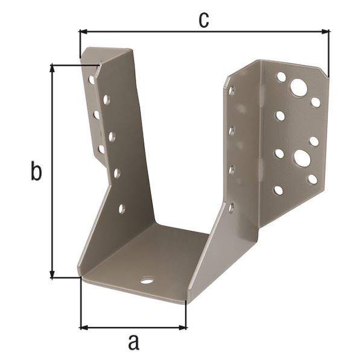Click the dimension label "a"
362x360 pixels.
(134, 343)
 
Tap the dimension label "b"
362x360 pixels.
(36, 172)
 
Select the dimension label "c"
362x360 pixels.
(204, 19)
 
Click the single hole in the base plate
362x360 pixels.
(147, 280)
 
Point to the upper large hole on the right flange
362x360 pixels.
(298, 87)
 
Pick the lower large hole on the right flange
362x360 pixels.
(302, 159)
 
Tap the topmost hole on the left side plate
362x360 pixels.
(92, 79)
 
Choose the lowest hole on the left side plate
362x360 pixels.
(122, 209)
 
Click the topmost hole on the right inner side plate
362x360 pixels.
(232, 90)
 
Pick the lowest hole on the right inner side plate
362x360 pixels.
(232, 207)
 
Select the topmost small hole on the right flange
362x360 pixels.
(281, 77)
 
